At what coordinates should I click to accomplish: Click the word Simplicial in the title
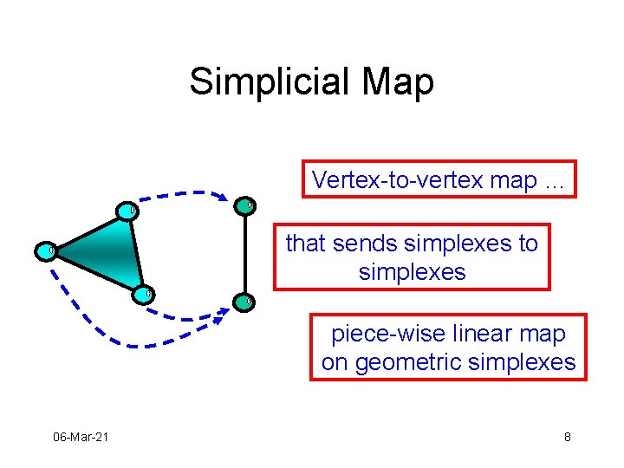pyautogui.click(x=270, y=82)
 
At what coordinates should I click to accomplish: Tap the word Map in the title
pyautogui.click(x=398, y=83)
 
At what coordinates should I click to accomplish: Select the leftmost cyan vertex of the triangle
pyautogui.click(x=46, y=251)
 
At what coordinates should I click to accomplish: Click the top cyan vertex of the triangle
pyautogui.click(x=127, y=211)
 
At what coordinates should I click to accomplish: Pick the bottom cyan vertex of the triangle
pyautogui.click(x=143, y=295)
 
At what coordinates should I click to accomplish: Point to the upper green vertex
pyautogui.click(x=244, y=206)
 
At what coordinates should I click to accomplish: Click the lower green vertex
pyautogui.click(x=244, y=302)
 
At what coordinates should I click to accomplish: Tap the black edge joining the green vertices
pyautogui.click(x=244, y=255)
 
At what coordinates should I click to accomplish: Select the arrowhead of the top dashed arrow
pyautogui.click(x=221, y=197)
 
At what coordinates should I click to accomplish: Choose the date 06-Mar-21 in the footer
pyautogui.click(x=81, y=437)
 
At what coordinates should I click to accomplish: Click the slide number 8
pyautogui.click(x=568, y=437)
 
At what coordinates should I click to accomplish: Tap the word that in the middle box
pyautogui.click(x=305, y=244)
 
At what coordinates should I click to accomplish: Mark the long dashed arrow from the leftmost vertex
pyautogui.click(x=132, y=346)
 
